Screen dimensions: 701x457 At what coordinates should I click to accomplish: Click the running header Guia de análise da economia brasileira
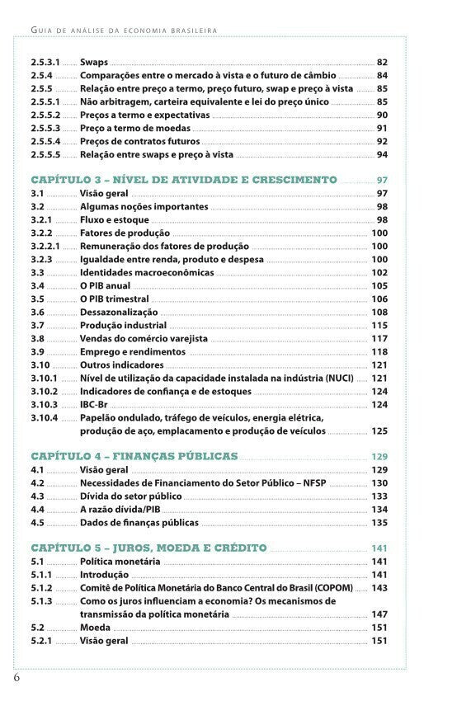click(123, 30)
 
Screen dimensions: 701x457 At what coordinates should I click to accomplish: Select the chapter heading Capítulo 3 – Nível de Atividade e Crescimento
click(184, 180)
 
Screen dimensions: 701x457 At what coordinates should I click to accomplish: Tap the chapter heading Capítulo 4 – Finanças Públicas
click(134, 456)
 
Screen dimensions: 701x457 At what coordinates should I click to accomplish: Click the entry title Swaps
click(93, 62)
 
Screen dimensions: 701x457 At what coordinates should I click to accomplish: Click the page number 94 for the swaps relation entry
click(382, 154)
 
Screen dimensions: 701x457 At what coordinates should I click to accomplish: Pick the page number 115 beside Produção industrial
click(379, 325)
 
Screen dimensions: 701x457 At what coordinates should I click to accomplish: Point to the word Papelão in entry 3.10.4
click(100, 417)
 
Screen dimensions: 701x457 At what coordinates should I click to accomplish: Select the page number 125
click(379, 430)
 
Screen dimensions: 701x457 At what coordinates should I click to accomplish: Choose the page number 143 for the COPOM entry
click(379, 588)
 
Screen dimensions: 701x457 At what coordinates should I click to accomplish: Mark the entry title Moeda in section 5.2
click(95, 628)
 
